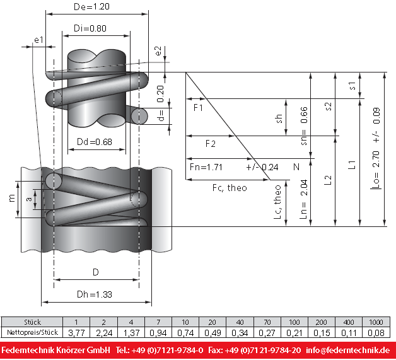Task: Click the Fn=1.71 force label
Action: (x=206, y=167)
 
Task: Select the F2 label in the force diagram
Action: (x=211, y=144)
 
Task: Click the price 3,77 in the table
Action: (x=76, y=332)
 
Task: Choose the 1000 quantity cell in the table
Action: (x=376, y=322)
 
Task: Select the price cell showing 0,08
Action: (x=376, y=332)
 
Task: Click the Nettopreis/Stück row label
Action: (x=32, y=332)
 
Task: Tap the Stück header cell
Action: (x=32, y=322)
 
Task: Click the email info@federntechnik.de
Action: (x=347, y=350)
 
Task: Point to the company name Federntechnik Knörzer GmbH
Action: (x=56, y=350)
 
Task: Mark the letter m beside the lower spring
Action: (x=11, y=198)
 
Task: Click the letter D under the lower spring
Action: (x=95, y=272)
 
